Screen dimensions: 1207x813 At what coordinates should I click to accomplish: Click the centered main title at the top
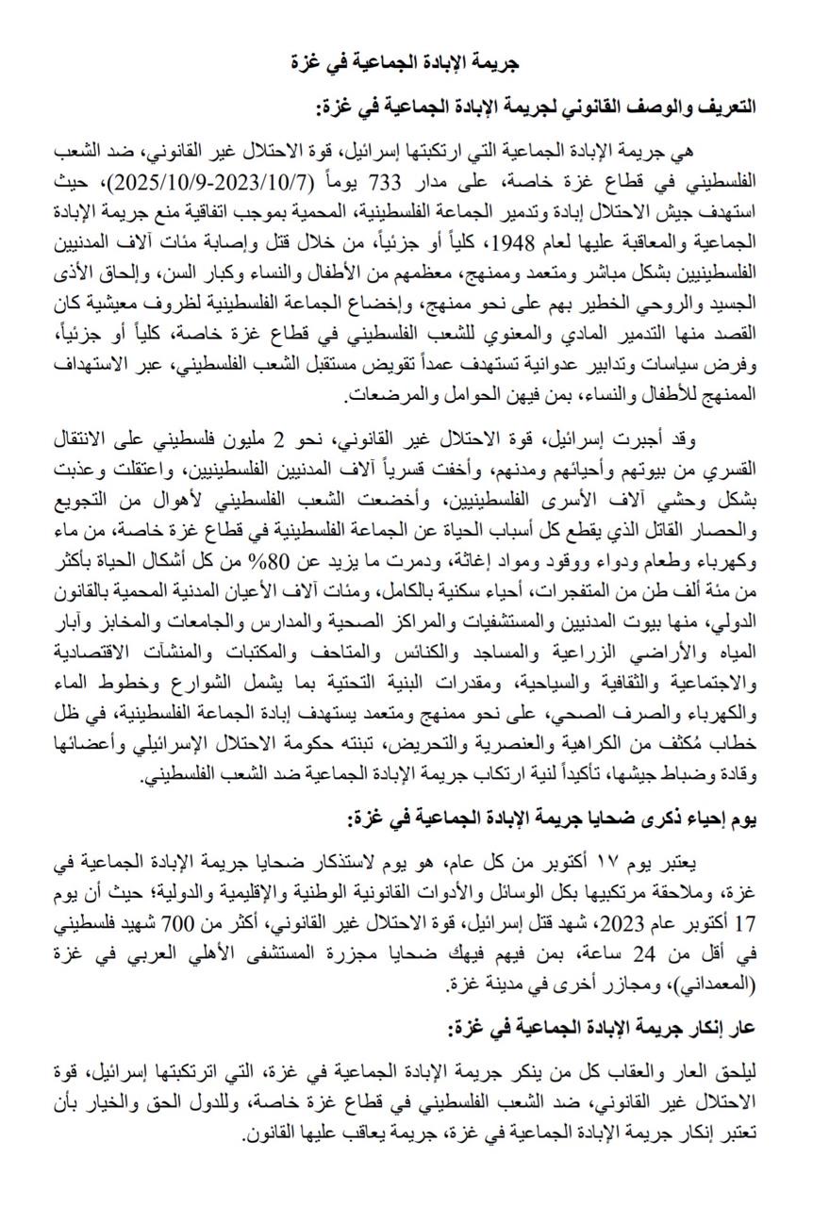(406, 62)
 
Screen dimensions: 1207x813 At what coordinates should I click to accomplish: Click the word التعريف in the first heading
(724, 107)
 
